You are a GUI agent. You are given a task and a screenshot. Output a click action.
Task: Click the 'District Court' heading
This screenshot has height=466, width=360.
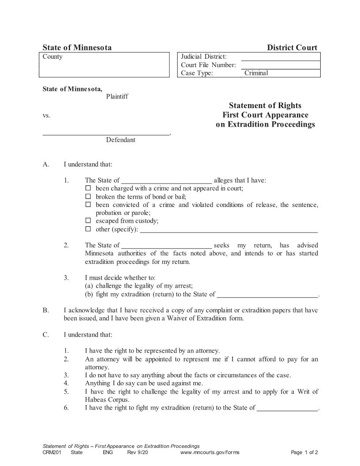(x=292, y=48)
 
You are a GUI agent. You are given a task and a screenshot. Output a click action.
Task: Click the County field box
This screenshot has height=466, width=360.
(x=106, y=65)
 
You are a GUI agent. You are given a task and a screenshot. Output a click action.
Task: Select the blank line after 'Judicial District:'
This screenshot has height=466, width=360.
(x=281, y=57)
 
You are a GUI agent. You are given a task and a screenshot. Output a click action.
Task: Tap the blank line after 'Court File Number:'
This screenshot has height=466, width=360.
(x=281, y=65)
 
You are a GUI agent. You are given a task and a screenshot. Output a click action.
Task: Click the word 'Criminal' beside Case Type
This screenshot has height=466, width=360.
(x=256, y=73)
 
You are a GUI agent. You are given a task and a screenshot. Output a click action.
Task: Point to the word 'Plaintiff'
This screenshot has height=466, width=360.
(x=117, y=97)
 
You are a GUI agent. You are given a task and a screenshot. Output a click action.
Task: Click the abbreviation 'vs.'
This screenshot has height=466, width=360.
(x=46, y=116)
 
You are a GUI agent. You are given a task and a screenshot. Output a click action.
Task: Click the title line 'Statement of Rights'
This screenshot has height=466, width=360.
(x=265, y=105)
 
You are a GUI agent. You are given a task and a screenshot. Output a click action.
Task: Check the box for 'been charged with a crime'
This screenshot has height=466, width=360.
(x=88, y=188)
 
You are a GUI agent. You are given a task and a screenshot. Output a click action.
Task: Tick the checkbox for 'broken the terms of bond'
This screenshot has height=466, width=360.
(x=88, y=196)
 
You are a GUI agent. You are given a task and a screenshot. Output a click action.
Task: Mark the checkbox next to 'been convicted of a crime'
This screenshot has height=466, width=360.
(x=88, y=205)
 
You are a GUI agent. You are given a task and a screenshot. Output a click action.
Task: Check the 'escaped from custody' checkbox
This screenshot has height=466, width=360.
(x=88, y=221)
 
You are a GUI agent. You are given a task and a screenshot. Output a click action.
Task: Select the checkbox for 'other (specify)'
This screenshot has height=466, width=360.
(x=88, y=229)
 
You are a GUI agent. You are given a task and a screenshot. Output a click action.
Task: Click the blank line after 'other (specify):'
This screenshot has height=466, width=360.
(x=229, y=229)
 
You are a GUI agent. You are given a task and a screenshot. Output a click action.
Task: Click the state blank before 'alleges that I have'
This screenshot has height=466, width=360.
(x=166, y=180)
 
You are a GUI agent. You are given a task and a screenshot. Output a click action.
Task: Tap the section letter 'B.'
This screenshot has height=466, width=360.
(x=45, y=310)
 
